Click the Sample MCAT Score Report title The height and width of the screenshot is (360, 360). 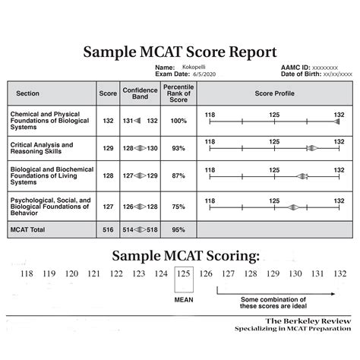point(180,52)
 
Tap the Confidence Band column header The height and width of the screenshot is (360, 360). point(141,93)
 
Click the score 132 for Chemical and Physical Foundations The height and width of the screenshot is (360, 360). point(107,121)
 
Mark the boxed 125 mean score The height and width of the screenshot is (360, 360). point(183,273)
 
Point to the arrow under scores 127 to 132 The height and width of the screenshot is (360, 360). point(277,289)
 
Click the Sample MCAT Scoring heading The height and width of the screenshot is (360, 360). point(180,254)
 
